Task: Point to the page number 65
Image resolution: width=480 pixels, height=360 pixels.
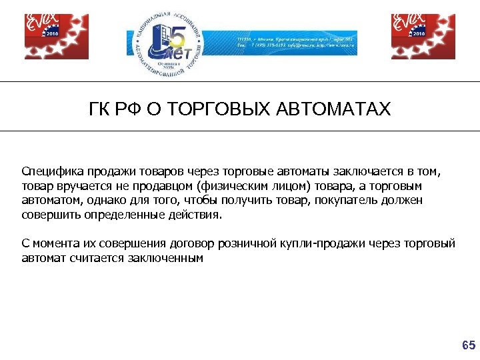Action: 469,345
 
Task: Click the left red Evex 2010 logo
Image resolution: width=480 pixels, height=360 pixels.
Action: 56,36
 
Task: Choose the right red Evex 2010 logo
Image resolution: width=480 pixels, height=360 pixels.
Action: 423,36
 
